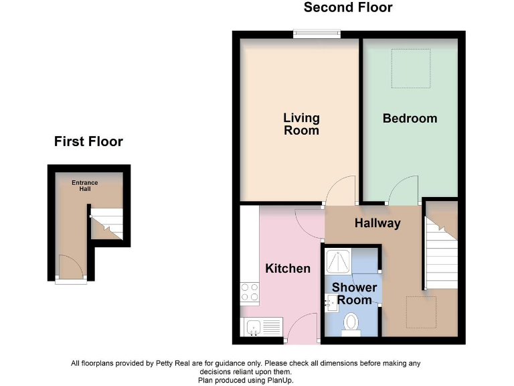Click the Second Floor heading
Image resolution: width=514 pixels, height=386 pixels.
tap(347, 8)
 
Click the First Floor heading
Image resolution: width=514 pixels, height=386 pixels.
tap(88, 141)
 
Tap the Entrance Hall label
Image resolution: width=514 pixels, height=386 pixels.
tap(85, 186)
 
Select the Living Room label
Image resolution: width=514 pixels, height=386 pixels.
tap(301, 124)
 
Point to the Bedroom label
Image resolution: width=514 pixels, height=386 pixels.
tap(410, 119)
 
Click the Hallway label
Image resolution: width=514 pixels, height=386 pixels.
tap(377, 223)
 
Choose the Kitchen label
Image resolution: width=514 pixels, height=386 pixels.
tap(288, 269)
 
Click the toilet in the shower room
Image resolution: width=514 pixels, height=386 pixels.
tap(351, 324)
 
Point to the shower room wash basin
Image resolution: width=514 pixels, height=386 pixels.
tap(331, 304)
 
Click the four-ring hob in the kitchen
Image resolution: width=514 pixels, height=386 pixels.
tap(250, 292)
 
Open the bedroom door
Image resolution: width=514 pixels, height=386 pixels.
tap(404, 189)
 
